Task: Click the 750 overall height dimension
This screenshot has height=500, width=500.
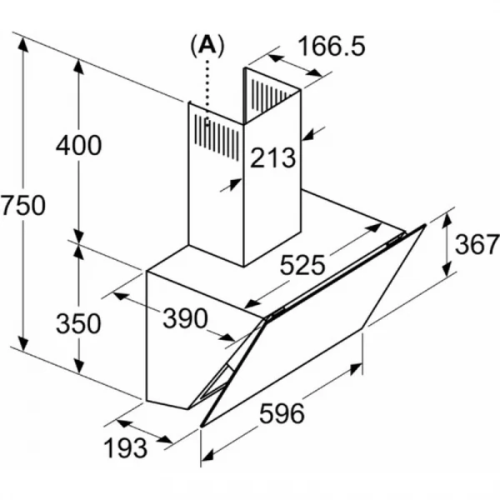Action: point(23,205)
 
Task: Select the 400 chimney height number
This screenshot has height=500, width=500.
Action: point(79,145)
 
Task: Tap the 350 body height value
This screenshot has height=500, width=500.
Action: point(79,323)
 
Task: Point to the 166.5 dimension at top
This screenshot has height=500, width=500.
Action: point(332,46)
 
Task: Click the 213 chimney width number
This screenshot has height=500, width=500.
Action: point(273,157)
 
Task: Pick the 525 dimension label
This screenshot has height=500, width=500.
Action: point(302,265)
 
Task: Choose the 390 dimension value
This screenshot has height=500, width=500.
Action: point(185,318)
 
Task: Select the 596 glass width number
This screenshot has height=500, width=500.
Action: point(282,413)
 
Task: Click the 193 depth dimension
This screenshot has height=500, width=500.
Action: point(126,448)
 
